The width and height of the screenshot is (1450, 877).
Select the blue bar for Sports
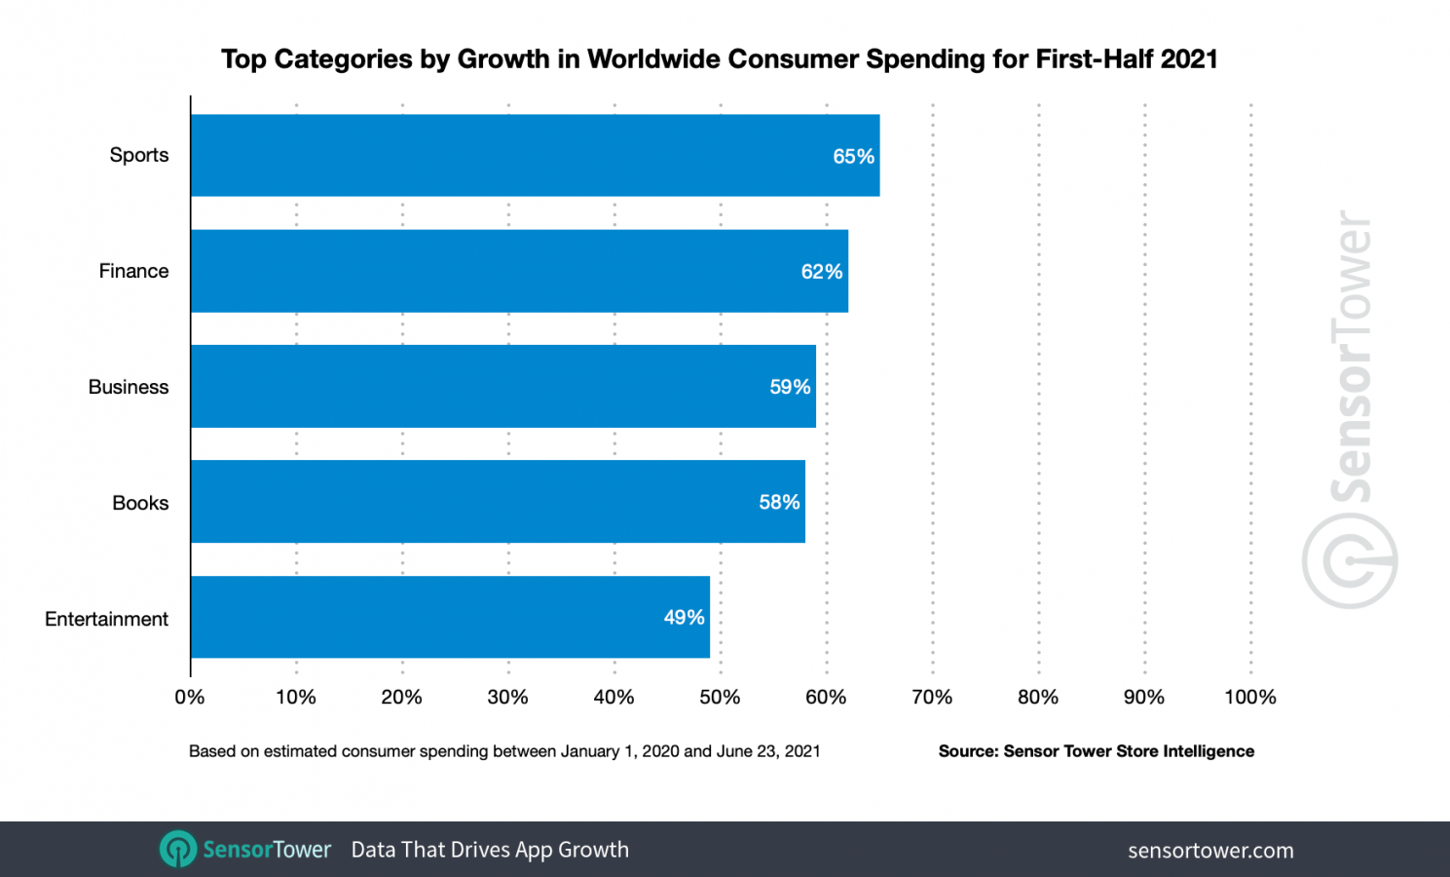point(535,156)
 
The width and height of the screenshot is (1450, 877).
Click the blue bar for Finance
point(519,271)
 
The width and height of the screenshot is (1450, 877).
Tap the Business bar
point(502,387)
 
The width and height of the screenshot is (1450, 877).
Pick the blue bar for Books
point(498,502)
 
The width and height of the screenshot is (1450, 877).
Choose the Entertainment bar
point(450,617)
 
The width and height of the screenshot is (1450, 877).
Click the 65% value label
point(853,157)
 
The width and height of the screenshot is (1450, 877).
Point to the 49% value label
point(684,618)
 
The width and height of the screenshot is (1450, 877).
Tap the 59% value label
point(790,388)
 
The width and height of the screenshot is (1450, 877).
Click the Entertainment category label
point(106,619)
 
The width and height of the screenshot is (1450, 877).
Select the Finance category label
point(133,271)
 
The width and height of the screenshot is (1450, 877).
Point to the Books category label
point(140,503)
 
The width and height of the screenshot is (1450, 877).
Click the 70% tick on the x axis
point(932,697)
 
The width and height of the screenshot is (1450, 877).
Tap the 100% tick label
point(1250,697)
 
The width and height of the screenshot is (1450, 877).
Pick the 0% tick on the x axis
point(190,697)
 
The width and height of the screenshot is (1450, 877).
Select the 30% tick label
point(507,697)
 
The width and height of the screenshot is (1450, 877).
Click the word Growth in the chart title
point(503,59)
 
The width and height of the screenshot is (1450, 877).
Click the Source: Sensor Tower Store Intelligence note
point(1096,751)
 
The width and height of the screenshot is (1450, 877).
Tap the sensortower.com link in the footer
point(1210,851)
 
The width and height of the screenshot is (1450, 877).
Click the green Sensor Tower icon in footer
point(177,850)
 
